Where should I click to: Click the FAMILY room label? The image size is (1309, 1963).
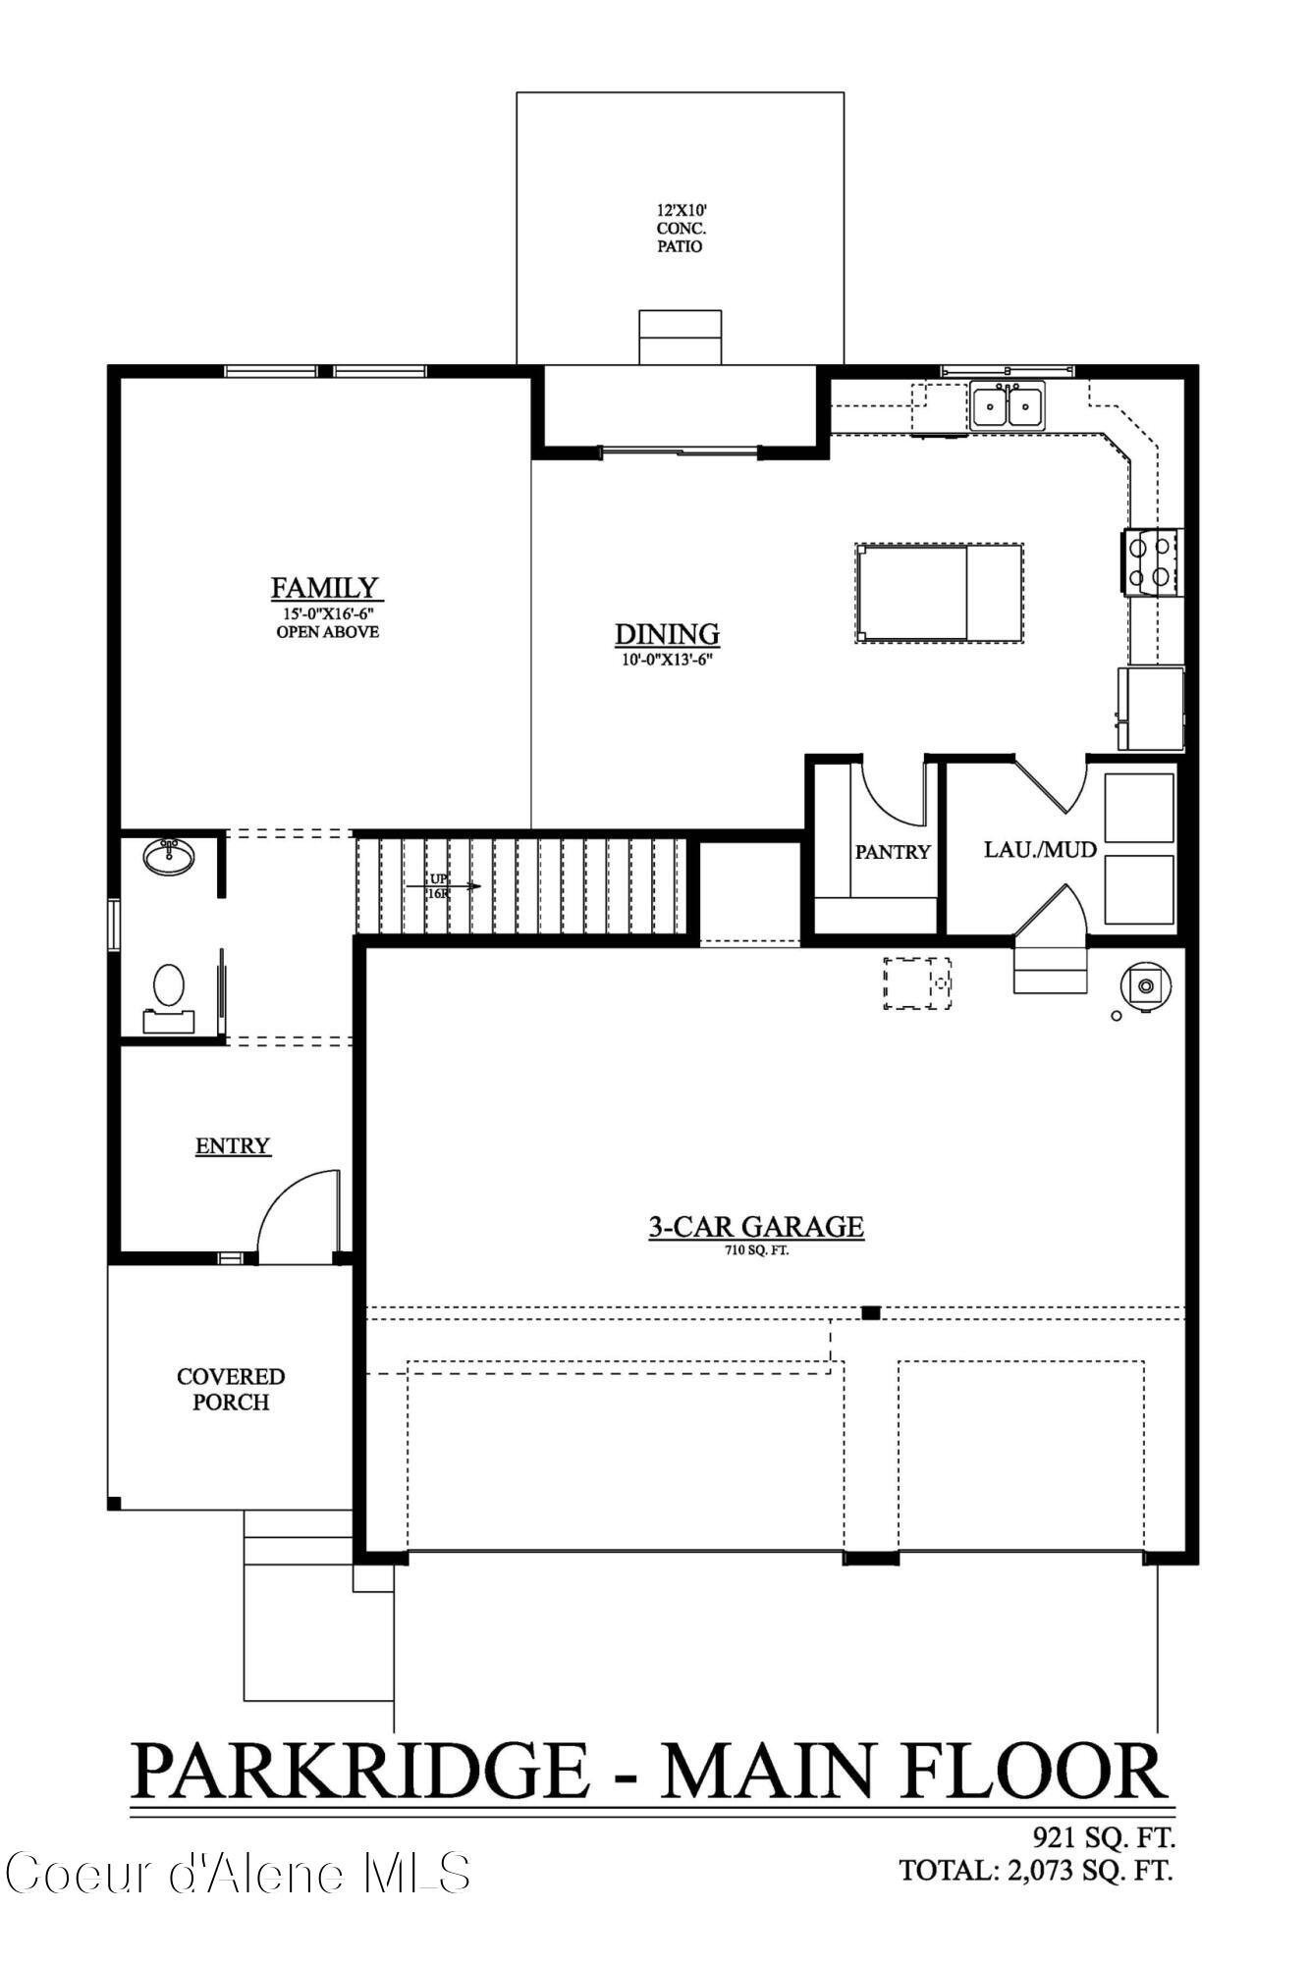coord(324,588)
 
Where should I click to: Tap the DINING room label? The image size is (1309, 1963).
coord(667,634)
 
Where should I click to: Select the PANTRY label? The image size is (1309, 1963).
coord(892,852)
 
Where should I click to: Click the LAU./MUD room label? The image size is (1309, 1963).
coord(1040,849)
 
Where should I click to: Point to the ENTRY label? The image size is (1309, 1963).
coord(233,1145)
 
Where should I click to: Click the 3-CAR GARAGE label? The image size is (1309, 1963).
coord(755,1227)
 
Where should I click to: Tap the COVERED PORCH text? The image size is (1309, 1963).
coord(231,1389)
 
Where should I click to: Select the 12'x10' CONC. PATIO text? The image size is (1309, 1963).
coord(680,228)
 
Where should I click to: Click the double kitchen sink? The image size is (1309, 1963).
coord(1008,404)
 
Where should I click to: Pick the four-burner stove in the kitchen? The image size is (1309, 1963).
coord(1152,561)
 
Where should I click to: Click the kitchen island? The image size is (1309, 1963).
coord(938,594)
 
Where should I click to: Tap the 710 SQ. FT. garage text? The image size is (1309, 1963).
coord(755,1251)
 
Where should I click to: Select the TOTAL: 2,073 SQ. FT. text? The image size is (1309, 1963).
coord(1036,1870)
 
